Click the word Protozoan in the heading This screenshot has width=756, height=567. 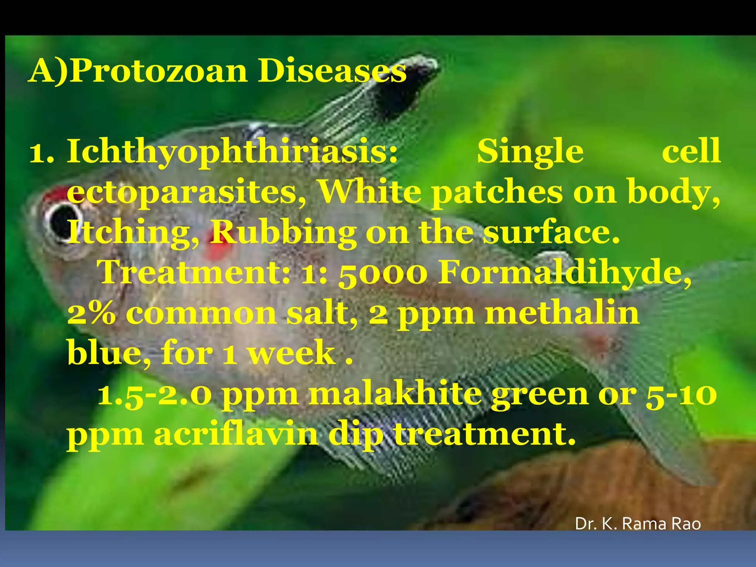[x=159, y=71]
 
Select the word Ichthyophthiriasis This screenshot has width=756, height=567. [x=232, y=152]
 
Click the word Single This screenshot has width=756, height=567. [x=530, y=151]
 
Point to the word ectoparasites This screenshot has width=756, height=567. [x=186, y=193]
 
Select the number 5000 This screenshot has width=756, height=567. [x=382, y=274]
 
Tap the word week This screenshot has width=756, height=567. [x=292, y=353]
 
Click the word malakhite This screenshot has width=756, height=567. [x=395, y=394]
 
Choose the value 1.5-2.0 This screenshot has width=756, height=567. [x=155, y=394]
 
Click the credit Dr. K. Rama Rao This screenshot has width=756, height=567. [x=638, y=523]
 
